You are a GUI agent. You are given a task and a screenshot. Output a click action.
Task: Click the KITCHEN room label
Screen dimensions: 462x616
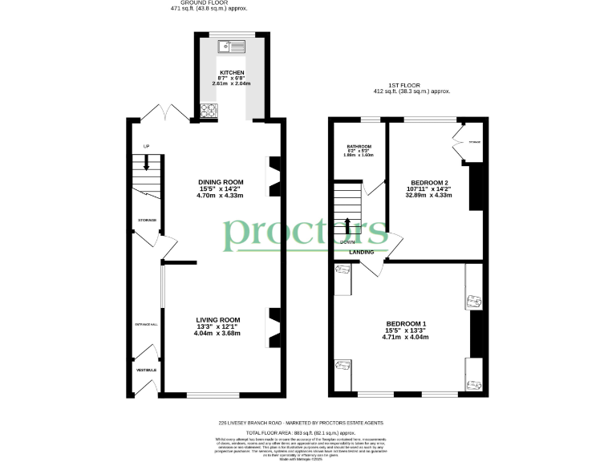tap(220, 72)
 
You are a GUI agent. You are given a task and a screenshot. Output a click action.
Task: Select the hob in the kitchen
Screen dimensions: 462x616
tap(209, 111)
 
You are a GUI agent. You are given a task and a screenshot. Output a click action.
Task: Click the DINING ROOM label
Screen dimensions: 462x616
tap(220, 183)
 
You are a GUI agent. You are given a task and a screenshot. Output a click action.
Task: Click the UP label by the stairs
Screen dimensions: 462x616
tap(146, 146)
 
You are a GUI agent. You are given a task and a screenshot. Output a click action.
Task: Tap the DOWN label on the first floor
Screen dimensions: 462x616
tap(347, 242)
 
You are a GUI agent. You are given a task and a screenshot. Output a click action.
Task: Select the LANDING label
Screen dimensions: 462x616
tap(361, 252)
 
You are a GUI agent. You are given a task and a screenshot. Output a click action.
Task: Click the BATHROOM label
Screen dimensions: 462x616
tap(359, 146)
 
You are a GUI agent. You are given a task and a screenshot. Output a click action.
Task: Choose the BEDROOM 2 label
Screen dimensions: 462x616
tap(429, 183)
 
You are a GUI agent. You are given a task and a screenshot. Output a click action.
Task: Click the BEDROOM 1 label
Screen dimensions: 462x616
tap(405, 324)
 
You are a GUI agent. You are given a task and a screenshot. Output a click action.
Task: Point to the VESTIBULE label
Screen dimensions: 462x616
tap(145, 370)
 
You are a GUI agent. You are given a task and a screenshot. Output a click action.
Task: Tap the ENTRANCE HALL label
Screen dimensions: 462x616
tap(145, 324)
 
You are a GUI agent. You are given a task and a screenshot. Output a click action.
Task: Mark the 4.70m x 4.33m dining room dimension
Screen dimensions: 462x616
tap(220, 195)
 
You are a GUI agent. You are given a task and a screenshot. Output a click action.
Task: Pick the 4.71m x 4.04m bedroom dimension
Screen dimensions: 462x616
tap(405, 337)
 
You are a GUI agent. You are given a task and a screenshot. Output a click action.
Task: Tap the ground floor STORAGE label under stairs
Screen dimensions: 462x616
tap(146, 220)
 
